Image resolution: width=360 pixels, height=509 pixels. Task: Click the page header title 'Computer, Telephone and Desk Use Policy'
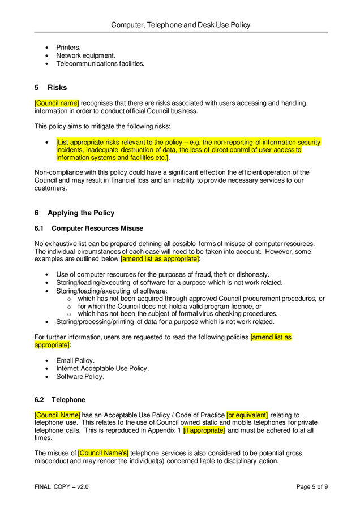coord(180,25)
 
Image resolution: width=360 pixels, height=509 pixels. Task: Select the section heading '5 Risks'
coord(51,88)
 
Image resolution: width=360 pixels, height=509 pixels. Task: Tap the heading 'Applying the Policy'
coord(81,213)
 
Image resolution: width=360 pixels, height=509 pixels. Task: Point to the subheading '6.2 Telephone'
coord(60,399)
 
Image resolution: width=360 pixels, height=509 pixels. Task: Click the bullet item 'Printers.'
coord(68,48)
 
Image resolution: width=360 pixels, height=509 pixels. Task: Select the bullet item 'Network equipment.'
coord(85,55)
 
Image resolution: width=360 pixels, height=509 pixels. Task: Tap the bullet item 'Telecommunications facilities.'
coord(100,64)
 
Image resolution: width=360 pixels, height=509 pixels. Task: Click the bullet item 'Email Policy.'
coord(75,360)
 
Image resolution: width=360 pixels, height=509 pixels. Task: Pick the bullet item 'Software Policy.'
coord(80,377)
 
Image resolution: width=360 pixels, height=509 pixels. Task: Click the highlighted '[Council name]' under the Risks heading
coord(57,103)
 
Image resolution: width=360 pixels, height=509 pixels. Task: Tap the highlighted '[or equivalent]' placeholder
coord(247,415)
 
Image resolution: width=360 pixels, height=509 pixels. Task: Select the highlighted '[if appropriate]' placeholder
coord(204,430)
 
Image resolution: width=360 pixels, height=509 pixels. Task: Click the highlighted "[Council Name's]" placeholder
coord(104,454)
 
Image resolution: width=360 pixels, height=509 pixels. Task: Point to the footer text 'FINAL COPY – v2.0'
coord(62,486)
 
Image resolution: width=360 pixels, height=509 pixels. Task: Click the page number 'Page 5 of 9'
coord(312,486)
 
